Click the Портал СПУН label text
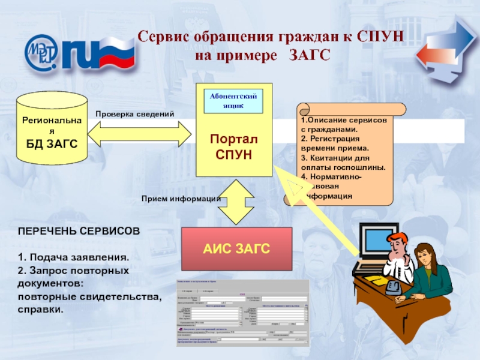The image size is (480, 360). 233,147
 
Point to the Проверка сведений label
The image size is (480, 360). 134,113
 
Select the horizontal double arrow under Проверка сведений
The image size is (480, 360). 140,131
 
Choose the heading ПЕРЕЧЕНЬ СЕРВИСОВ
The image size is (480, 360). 79,230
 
